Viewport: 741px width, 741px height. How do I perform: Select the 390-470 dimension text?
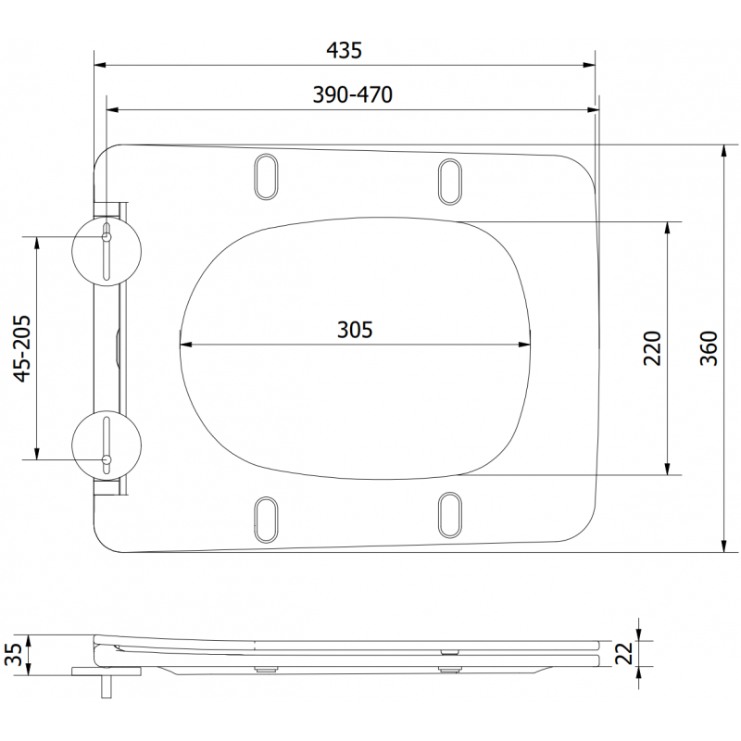point(351,94)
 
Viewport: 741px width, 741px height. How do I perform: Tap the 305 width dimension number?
point(354,329)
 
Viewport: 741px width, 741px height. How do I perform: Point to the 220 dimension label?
point(651,347)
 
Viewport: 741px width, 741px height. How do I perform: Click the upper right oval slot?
point(450,180)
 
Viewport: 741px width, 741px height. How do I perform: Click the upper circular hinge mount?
point(107,250)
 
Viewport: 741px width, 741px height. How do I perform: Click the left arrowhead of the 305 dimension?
point(183,345)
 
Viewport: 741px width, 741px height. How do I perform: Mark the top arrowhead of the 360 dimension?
point(722,151)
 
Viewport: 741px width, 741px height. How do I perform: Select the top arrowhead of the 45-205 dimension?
point(37,242)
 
